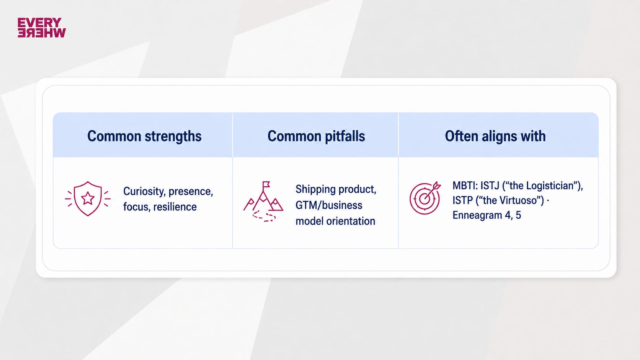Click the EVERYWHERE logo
42,28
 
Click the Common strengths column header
144,136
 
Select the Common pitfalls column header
316,136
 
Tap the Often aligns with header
495,136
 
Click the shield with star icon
88,199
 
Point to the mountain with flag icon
263,201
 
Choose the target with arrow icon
425,197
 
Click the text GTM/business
329,205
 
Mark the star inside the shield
88,198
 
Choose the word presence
191,192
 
